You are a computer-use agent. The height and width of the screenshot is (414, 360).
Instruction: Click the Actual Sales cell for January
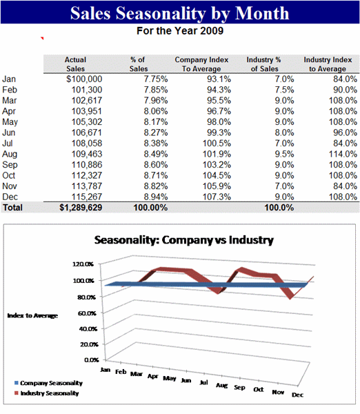84,79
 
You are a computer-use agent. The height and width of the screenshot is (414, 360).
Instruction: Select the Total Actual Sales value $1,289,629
81,208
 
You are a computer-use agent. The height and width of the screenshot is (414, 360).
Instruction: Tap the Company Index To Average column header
201,64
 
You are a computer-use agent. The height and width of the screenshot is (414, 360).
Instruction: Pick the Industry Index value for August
343,154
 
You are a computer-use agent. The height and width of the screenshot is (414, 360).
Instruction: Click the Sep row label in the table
10,165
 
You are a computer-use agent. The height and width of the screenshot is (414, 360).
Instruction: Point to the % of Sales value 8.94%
156,197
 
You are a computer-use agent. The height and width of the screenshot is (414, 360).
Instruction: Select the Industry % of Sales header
264,64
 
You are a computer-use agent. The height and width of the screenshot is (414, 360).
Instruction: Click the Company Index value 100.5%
217,144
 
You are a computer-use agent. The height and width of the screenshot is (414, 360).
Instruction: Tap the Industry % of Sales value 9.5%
284,154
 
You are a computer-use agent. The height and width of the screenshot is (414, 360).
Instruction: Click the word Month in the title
262,13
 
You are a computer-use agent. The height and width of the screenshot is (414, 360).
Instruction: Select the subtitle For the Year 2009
180,31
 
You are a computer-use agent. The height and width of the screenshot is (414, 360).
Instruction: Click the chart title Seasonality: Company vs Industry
184,240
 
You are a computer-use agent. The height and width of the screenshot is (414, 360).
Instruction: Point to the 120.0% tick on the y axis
83,264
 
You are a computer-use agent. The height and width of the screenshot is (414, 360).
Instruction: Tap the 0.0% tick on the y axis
92,360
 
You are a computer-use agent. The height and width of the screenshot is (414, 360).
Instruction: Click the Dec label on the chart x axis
297,395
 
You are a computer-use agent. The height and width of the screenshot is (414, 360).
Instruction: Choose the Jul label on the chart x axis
203,382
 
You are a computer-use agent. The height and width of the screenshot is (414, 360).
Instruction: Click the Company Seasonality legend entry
48,383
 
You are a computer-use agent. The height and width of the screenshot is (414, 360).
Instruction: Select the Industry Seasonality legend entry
47,393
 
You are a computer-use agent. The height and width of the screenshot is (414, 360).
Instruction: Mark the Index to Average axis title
32,315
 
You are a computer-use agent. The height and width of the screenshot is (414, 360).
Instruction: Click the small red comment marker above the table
42,38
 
